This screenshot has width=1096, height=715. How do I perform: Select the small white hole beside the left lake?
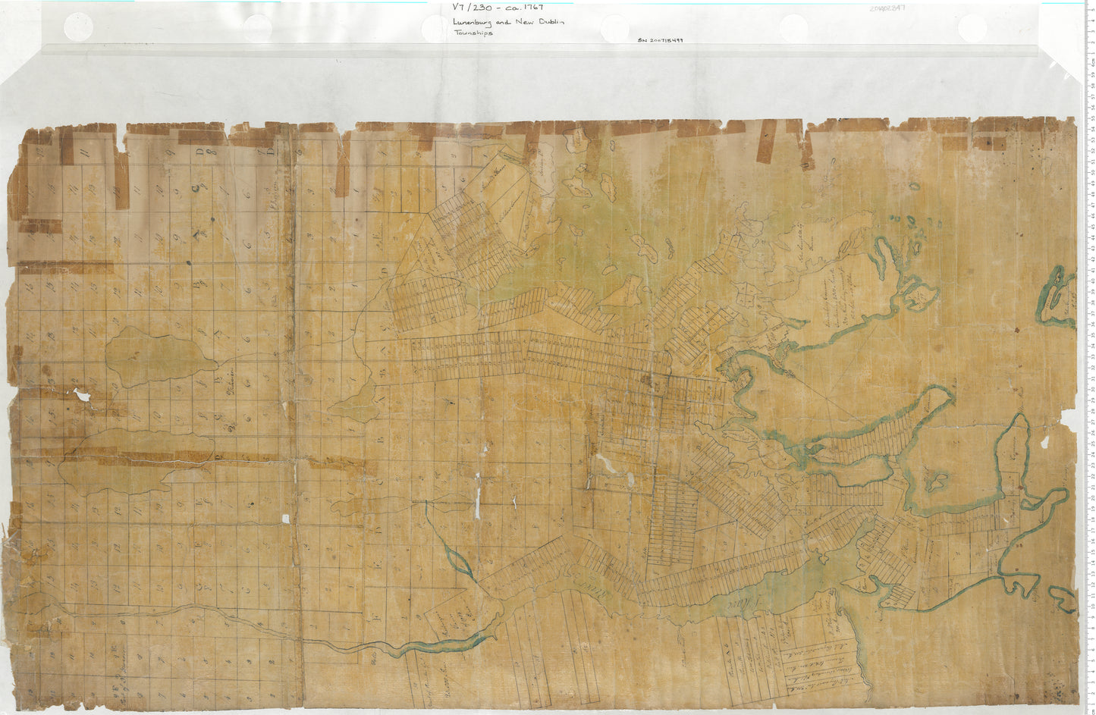pyautogui.click(x=81, y=395)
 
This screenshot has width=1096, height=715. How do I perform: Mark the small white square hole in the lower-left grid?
pyautogui.click(x=285, y=519)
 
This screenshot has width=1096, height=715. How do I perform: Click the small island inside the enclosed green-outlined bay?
pyautogui.click(x=939, y=480)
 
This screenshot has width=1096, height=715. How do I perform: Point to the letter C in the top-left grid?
pyautogui.click(x=196, y=186)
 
